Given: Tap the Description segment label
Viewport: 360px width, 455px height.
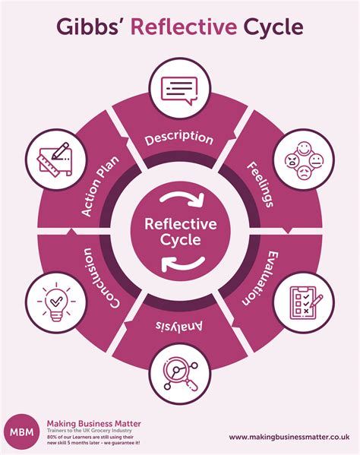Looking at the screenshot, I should tap(179, 138).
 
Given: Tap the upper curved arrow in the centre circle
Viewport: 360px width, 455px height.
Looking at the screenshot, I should tap(181, 199).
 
